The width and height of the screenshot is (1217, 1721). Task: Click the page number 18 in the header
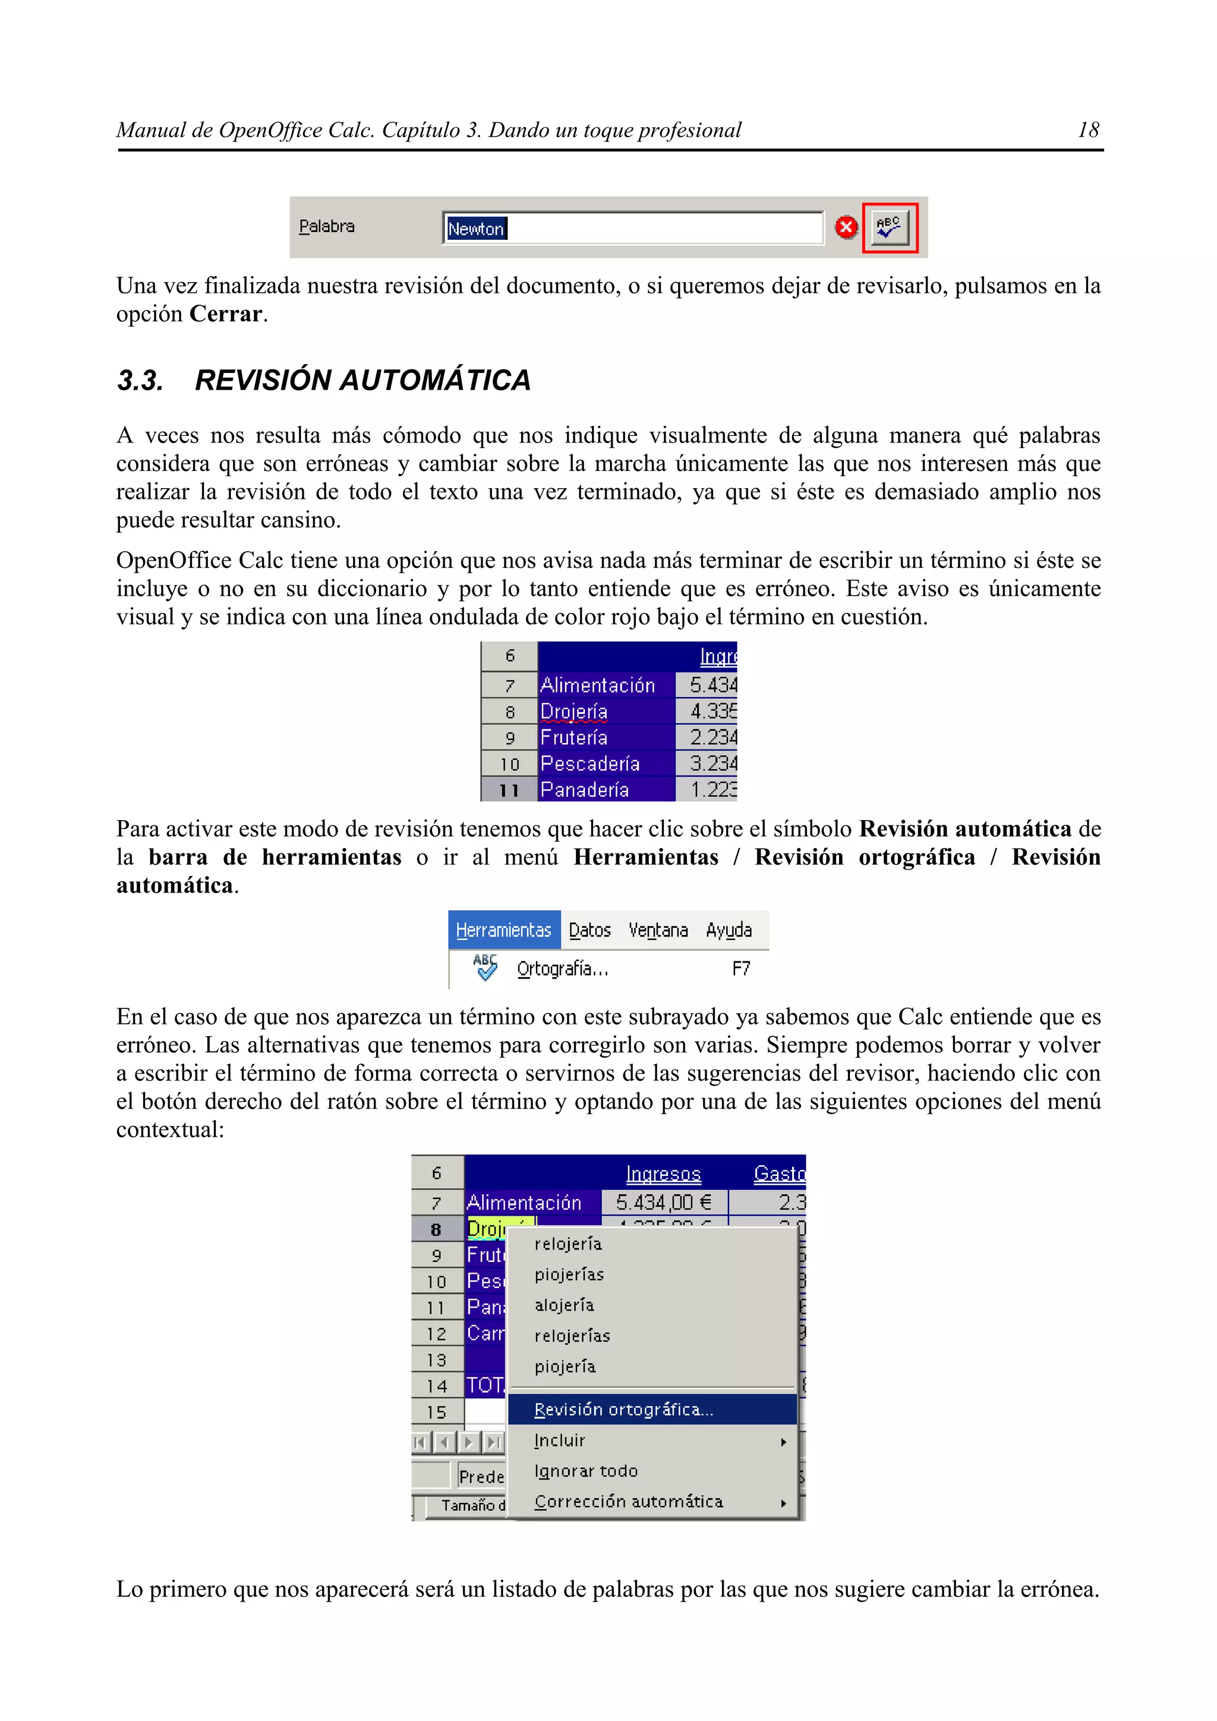tap(1087, 131)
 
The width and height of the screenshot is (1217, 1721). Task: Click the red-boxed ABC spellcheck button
tap(890, 228)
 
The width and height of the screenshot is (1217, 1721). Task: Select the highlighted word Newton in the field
tap(476, 229)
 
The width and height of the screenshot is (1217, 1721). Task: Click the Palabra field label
tap(326, 226)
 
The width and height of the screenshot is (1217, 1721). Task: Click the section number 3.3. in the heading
tap(140, 381)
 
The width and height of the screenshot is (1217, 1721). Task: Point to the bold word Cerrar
tap(225, 314)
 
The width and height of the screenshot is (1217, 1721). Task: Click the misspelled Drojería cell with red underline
tap(575, 711)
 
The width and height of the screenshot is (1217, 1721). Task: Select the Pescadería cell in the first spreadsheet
tap(590, 764)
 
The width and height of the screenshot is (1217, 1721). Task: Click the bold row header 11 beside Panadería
tap(509, 790)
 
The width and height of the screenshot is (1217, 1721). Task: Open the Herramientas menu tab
tap(504, 930)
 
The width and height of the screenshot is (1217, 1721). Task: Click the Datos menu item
tap(589, 930)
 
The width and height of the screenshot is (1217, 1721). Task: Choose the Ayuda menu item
tap(728, 930)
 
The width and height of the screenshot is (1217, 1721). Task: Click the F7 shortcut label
tap(741, 969)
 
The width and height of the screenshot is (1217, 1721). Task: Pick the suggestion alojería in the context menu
tap(565, 1305)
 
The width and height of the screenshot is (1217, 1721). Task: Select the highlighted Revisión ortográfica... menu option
tap(624, 1410)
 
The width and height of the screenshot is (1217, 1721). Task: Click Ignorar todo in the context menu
tap(587, 1472)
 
